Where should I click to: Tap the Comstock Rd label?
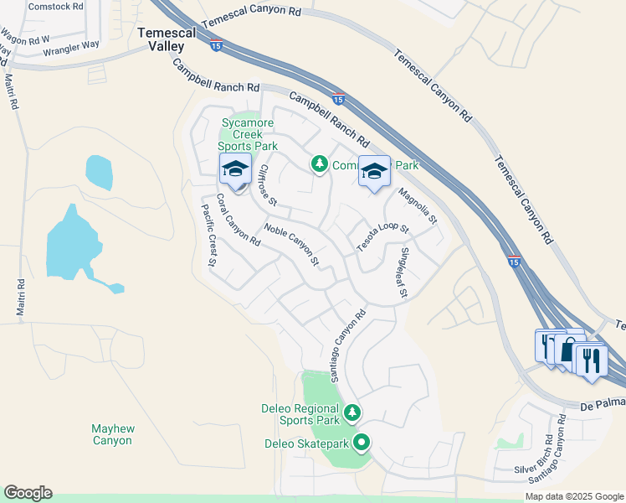(56, 6)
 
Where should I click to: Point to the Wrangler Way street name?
(71, 50)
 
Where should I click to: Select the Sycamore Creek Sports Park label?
(249, 134)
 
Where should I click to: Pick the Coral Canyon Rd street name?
(239, 220)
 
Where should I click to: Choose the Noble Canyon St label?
(292, 245)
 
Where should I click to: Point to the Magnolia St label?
(418, 208)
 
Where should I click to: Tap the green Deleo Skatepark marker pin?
(362, 442)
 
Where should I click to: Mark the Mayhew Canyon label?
(113, 434)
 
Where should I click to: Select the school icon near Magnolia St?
(374, 172)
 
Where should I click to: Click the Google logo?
(28, 493)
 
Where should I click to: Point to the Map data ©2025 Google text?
(573, 496)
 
